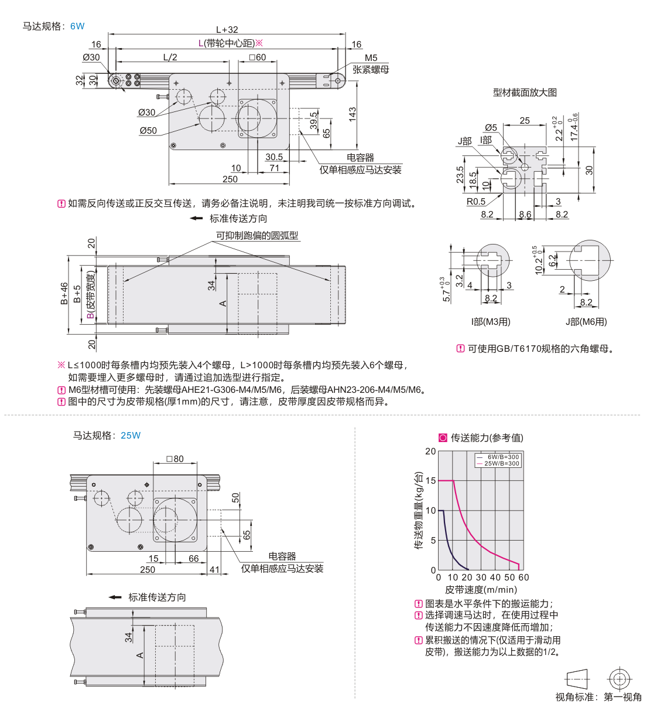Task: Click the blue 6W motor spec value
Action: point(77,26)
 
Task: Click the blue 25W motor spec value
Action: point(131,436)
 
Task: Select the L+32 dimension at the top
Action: point(227,29)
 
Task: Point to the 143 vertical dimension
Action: point(353,114)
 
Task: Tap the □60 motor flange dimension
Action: point(257,57)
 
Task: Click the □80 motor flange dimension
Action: point(175,459)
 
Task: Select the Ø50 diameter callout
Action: point(148,130)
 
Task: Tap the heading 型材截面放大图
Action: point(525,93)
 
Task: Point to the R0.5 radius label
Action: point(476,201)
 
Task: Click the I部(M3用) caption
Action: point(490,322)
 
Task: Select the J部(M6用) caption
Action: point(586,322)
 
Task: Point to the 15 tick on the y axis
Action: point(430,481)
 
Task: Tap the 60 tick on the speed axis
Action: point(524,578)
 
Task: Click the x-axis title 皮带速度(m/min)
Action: point(481,590)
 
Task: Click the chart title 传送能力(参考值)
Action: point(487,438)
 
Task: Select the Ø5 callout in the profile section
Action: point(491,127)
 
